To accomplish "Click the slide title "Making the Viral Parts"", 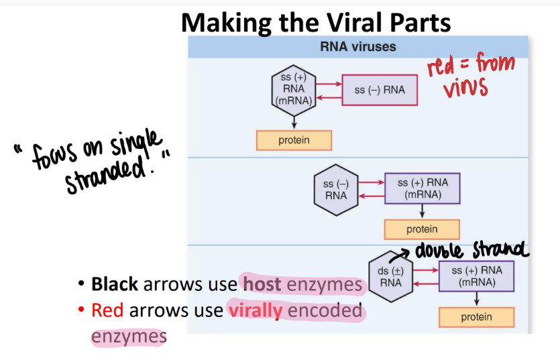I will pos(316,23).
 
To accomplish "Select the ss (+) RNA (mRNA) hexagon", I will pos(293,90).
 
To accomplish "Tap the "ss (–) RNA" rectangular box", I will pos(380,90).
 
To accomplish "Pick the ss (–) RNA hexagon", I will pos(336,190).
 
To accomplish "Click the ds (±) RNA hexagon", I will pos(390,276).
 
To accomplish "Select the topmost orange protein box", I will pos(294,140).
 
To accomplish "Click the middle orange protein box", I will pos(422,229).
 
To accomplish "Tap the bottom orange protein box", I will pos(476,317).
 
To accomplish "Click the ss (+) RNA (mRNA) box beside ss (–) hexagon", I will pos(423,189).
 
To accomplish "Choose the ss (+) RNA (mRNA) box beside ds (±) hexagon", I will pos(476,276).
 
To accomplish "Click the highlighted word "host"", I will pos(262,284).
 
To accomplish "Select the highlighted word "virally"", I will pos(255,310).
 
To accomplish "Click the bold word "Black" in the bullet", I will pos(115,284).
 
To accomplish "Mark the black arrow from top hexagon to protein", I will pos(294,120).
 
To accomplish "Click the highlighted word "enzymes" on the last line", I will pos(128,337).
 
